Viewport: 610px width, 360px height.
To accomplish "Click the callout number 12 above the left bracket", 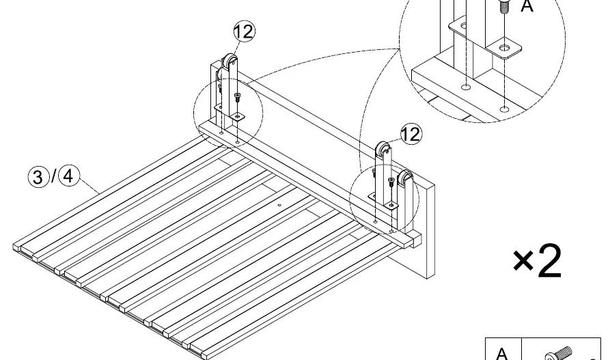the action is pyautogui.click(x=245, y=31).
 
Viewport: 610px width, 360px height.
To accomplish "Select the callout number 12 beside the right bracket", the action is pyautogui.click(x=411, y=135).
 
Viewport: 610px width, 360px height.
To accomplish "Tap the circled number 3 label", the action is pyautogui.click(x=38, y=177).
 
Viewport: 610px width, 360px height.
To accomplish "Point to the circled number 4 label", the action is pyautogui.click(x=68, y=176).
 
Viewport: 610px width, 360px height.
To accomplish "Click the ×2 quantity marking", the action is pyautogui.click(x=538, y=261).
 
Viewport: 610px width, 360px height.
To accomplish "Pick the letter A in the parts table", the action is pyautogui.click(x=502, y=353).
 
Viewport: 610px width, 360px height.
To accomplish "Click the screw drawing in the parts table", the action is pyautogui.click(x=559, y=353).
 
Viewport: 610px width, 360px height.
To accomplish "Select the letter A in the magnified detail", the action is pyautogui.click(x=527, y=6).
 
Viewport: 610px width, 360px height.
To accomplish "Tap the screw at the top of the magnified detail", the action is pyautogui.click(x=504, y=5).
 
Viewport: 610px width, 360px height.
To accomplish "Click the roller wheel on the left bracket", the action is pyautogui.click(x=230, y=61).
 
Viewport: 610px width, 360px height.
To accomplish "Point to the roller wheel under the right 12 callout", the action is pyautogui.click(x=383, y=149).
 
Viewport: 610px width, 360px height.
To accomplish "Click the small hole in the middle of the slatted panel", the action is pyautogui.click(x=279, y=205).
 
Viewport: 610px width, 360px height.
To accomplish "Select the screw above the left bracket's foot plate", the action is pyautogui.click(x=237, y=97).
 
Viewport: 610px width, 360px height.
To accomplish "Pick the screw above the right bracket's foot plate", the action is pyautogui.click(x=391, y=182).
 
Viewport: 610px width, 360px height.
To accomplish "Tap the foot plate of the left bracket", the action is pyautogui.click(x=237, y=116).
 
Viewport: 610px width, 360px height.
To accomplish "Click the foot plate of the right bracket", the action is pyautogui.click(x=391, y=205).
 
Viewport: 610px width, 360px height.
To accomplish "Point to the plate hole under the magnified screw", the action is pyautogui.click(x=505, y=48).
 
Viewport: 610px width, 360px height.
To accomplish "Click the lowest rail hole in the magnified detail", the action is pyautogui.click(x=504, y=109).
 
